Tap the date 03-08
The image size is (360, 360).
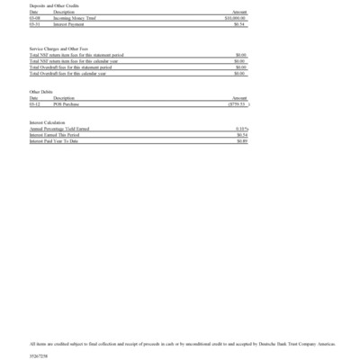[x=34, y=17]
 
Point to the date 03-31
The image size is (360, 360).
[x=34, y=22]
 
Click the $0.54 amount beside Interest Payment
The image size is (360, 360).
[x=240, y=22]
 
